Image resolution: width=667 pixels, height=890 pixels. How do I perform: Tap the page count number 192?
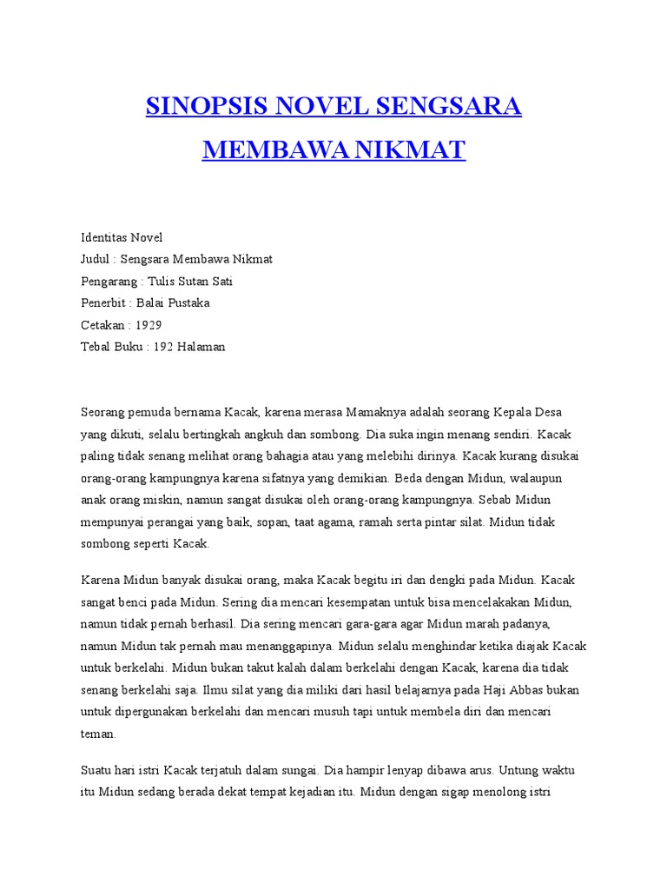pyautogui.click(x=163, y=347)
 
